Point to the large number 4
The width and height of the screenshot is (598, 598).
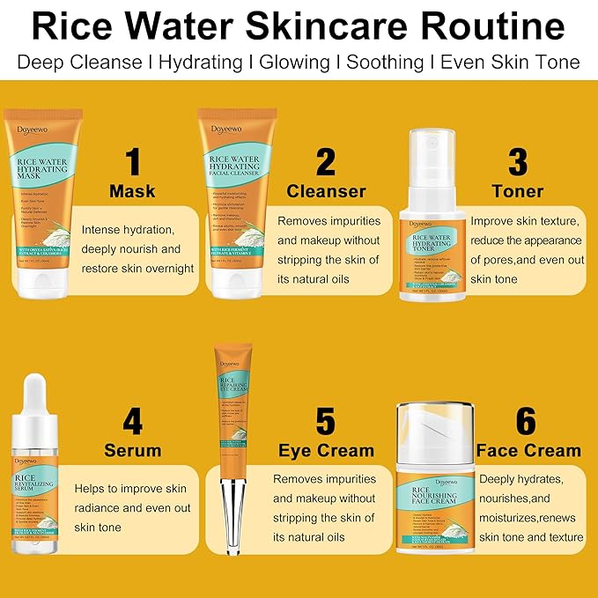(132, 421)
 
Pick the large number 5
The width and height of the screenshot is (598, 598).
(326, 421)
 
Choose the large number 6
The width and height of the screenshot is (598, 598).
(526, 421)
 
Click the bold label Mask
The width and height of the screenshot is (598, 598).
(132, 191)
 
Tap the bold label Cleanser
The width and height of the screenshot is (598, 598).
(326, 191)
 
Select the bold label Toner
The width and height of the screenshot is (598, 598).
(518, 191)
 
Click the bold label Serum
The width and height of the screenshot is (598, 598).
(132, 451)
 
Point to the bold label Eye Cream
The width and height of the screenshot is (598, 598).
(326, 451)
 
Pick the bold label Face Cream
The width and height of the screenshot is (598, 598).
(528, 451)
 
